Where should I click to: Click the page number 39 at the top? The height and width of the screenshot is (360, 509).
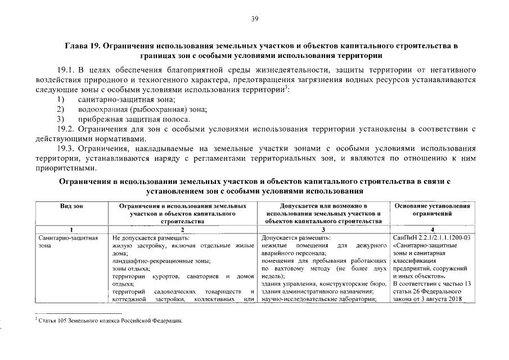point(254,19)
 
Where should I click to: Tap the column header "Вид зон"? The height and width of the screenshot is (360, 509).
point(71,206)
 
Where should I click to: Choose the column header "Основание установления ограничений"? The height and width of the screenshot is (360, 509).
point(432,210)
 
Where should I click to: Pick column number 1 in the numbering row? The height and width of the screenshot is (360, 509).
point(71,229)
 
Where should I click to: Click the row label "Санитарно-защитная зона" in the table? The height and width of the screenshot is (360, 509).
point(67,241)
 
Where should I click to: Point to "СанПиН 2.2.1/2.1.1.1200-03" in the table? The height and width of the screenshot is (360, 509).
point(430,237)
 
